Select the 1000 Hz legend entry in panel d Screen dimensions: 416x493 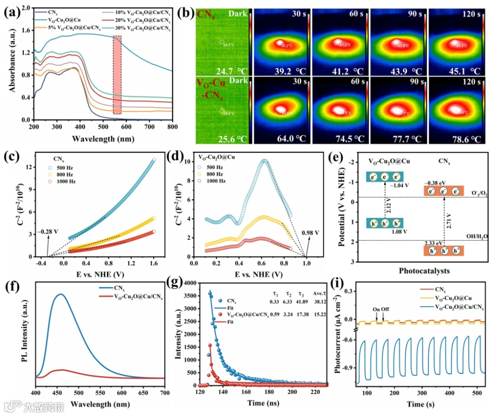click(x=216, y=181)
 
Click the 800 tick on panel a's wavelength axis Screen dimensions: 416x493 click(x=172, y=126)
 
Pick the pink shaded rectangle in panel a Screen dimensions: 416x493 click(x=117, y=75)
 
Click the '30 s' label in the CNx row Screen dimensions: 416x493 click(x=299, y=14)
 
